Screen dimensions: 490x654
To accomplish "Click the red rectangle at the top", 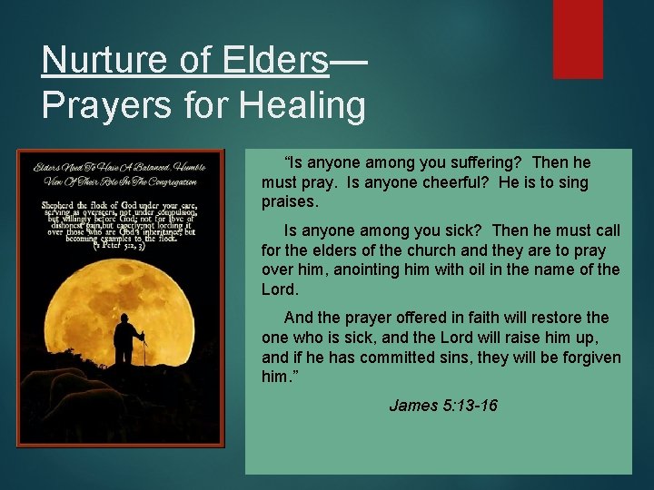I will (578, 38).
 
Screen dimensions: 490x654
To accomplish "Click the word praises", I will (290, 201).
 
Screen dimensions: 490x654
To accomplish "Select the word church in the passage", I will (420, 250).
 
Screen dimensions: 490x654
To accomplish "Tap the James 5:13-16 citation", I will (442, 406).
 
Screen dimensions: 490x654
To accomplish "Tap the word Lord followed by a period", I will (278, 289).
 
